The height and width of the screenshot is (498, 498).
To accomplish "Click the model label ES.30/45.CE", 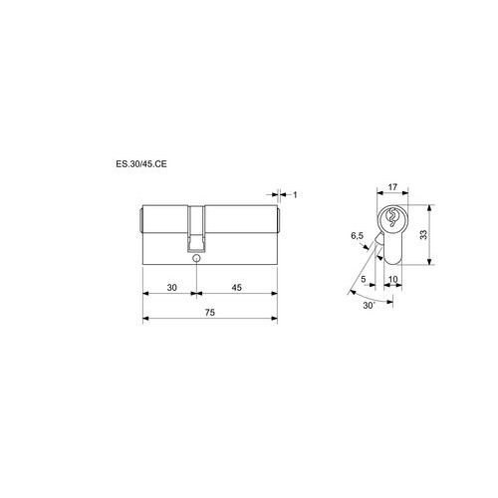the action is point(141,164).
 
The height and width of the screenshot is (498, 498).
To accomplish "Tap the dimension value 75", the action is point(210,313).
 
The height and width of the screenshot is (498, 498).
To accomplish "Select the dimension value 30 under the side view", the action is point(171,288).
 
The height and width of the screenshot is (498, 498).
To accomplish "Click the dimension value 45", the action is point(236,288).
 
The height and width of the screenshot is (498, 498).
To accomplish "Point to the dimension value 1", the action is point(295,194).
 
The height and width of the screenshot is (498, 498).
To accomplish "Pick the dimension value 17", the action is point(392,187).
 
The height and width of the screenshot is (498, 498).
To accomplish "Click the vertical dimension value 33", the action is point(423,235).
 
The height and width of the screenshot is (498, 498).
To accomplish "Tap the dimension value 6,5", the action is point(358,236).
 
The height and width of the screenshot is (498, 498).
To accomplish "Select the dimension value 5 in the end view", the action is point(364,279).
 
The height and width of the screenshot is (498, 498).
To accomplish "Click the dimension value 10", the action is point(392,279).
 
